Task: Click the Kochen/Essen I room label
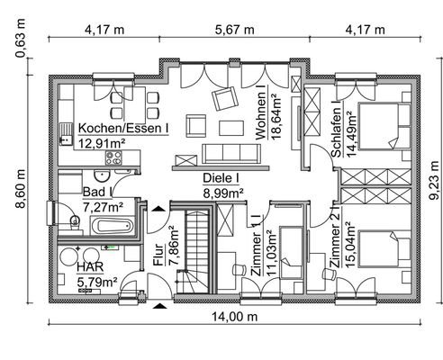click(122, 128)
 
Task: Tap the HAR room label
click(89, 268)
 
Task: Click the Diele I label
click(221, 178)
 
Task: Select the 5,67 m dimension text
click(234, 29)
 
